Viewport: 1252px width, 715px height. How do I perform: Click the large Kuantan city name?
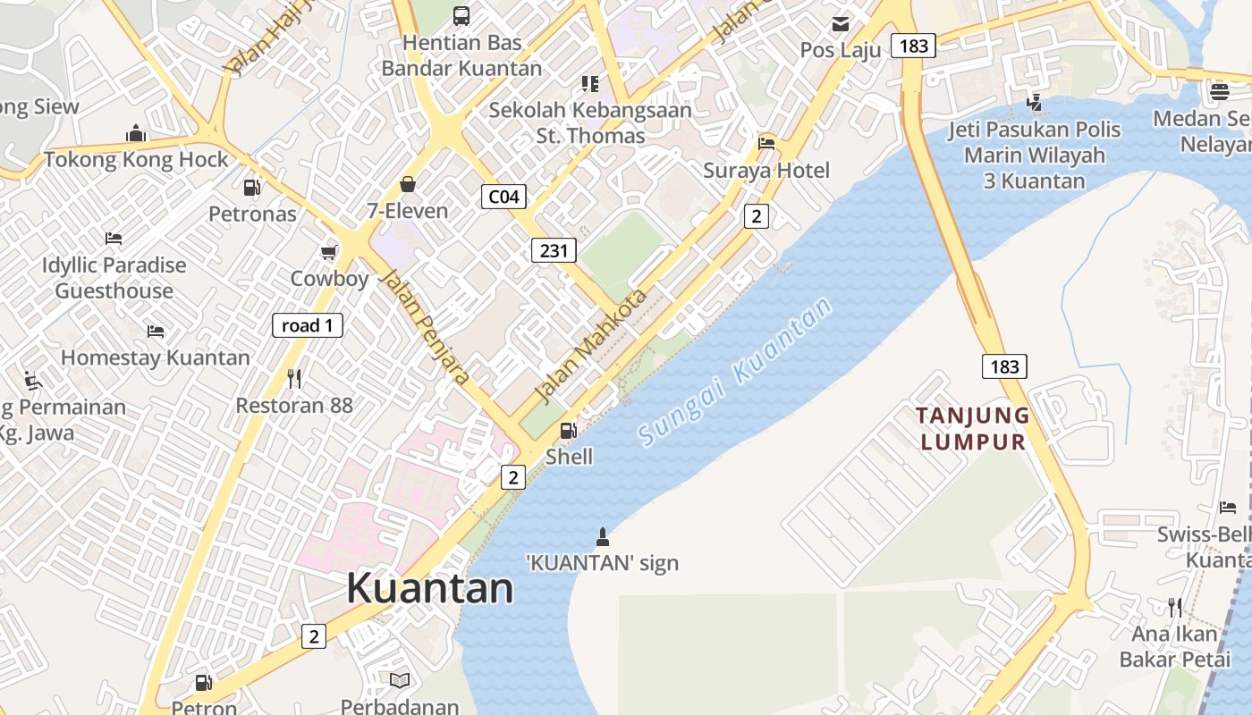click(x=429, y=588)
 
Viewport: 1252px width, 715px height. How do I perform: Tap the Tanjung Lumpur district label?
click(x=973, y=428)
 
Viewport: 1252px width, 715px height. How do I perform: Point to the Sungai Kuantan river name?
click(x=735, y=371)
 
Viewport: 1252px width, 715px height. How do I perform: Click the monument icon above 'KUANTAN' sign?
click(x=602, y=537)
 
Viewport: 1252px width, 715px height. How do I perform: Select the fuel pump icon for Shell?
click(x=568, y=431)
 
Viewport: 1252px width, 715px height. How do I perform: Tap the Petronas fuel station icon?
click(x=252, y=188)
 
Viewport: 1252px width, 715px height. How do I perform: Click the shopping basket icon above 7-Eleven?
click(x=408, y=184)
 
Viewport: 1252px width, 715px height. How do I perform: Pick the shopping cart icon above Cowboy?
click(x=329, y=252)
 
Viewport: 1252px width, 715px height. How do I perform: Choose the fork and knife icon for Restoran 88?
click(x=294, y=379)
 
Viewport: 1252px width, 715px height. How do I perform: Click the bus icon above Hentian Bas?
click(x=461, y=15)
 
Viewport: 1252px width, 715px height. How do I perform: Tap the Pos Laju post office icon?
click(x=841, y=23)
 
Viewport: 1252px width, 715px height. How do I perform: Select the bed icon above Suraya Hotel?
click(x=766, y=143)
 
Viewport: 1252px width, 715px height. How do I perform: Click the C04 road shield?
click(x=503, y=197)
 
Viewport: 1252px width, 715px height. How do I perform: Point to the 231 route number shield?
click(x=554, y=250)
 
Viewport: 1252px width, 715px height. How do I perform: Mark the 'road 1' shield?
click(x=308, y=325)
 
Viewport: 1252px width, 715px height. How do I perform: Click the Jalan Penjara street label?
click(x=425, y=326)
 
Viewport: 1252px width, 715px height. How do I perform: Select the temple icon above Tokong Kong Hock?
click(x=136, y=133)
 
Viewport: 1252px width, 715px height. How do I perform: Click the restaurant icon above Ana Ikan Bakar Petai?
click(x=1175, y=608)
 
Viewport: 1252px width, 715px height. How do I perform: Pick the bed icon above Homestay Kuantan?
click(x=156, y=332)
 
